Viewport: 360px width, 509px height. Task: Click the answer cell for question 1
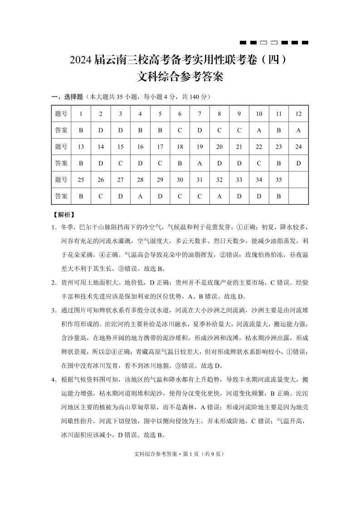pyautogui.click(x=81, y=130)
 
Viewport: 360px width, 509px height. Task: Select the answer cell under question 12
pyautogui.click(x=298, y=130)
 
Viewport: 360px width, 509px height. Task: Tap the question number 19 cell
pyautogui.click(x=199, y=146)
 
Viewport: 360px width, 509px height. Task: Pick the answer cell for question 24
pyautogui.click(x=298, y=163)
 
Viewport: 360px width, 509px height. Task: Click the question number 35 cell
pyautogui.click(x=278, y=179)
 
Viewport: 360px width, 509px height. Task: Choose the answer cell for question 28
pyautogui.click(x=140, y=196)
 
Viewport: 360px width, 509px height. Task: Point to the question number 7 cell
pyautogui.click(x=199, y=114)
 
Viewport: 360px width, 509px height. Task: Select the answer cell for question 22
pyautogui.click(x=259, y=163)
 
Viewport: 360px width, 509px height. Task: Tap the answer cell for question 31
pyautogui.click(x=199, y=196)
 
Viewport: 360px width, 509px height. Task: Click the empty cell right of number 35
pyautogui.click(x=298, y=179)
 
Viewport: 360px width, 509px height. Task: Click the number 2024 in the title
pyautogui.click(x=82, y=60)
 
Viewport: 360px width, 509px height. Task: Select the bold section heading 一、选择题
pyautogui.click(x=68, y=97)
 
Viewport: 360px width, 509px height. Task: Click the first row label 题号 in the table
pyautogui.click(x=61, y=114)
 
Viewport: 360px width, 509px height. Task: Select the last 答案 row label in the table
pyautogui.click(x=61, y=196)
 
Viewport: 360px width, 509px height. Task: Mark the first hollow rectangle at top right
pyautogui.click(x=263, y=43)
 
